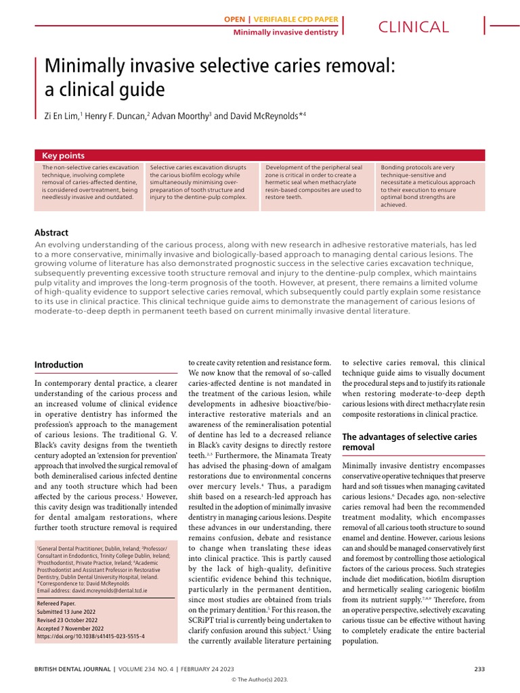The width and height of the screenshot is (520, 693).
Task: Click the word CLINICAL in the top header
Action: coord(414,27)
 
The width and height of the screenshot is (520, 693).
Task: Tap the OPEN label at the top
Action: coord(234,20)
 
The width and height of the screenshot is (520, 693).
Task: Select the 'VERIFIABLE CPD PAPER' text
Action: coord(295,20)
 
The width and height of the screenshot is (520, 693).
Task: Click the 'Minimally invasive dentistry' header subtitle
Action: coord(285,32)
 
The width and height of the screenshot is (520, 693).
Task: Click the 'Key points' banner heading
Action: coord(64,155)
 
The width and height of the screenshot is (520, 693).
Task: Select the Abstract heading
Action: coord(51,232)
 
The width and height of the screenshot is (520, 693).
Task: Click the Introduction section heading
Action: coord(59,365)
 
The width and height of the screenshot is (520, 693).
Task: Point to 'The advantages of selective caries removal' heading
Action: coord(409,442)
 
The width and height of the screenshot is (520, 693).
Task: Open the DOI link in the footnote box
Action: coord(90,636)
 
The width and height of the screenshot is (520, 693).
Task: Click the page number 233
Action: coord(479,669)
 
